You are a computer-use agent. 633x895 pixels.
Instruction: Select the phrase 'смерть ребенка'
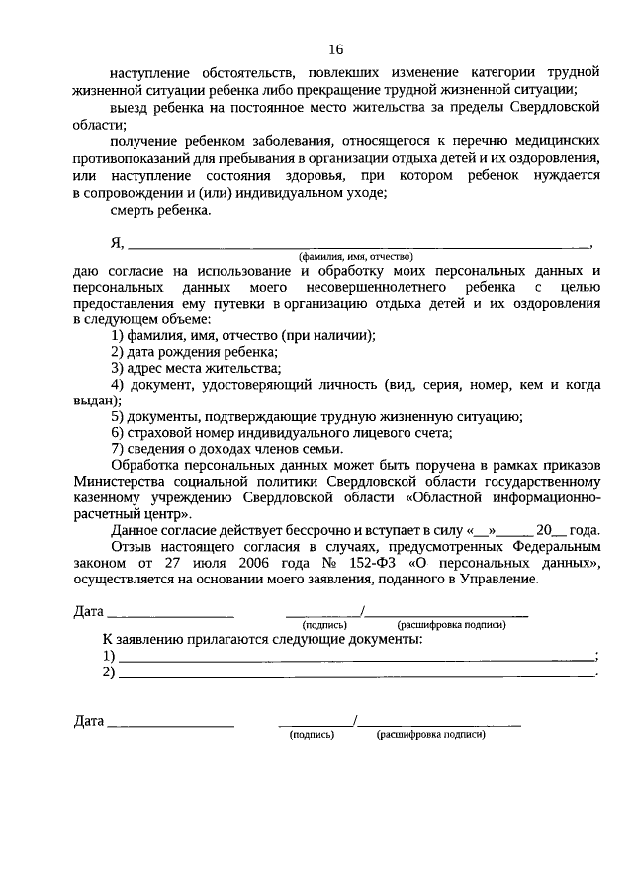pos(161,211)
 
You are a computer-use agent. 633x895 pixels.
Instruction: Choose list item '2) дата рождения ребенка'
pos(194,352)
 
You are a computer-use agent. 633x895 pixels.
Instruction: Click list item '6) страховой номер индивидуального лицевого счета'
pos(281,432)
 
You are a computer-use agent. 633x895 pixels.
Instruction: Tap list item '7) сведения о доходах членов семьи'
pos(232,448)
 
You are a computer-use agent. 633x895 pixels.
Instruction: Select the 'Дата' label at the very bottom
pos(89,721)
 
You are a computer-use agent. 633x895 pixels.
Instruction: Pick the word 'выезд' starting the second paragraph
pos(131,107)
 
